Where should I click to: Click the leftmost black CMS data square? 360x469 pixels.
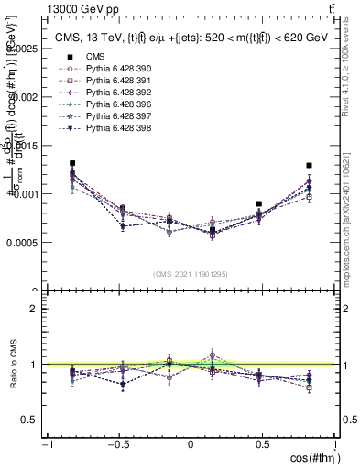coord(72,164)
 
